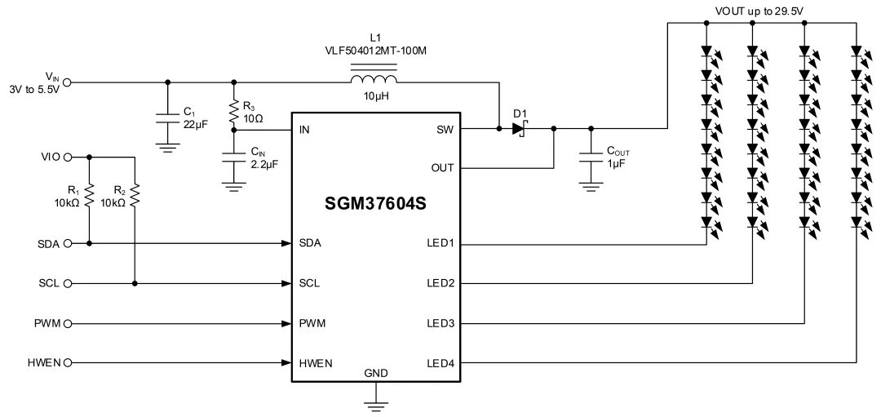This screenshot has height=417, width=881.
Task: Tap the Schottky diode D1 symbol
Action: click(x=520, y=129)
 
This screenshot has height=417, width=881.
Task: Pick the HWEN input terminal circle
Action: click(x=68, y=363)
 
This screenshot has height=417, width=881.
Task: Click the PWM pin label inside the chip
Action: click(x=312, y=323)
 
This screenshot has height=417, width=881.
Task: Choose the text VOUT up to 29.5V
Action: click(x=760, y=10)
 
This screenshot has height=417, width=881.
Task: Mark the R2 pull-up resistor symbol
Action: click(x=135, y=196)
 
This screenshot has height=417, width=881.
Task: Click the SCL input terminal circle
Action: click(x=68, y=284)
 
